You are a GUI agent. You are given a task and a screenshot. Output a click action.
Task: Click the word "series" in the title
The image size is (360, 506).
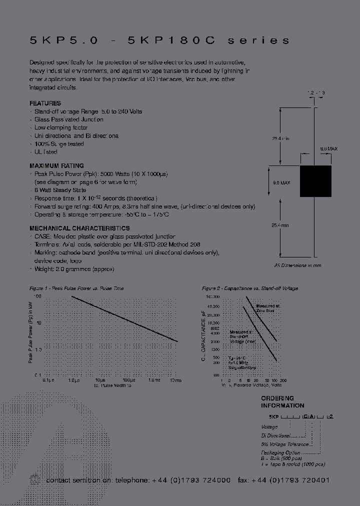point(258,40)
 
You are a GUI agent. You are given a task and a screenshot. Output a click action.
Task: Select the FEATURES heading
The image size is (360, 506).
point(45,103)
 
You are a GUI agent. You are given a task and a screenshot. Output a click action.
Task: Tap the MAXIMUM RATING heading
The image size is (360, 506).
point(57,166)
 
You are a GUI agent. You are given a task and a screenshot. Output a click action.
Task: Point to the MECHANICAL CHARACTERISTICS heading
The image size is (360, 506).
point(80,228)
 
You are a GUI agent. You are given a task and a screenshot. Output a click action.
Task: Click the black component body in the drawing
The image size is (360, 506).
point(315,180)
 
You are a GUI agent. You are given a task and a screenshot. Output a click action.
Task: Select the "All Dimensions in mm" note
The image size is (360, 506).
point(297,265)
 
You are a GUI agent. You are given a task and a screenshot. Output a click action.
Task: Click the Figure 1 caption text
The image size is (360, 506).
point(76,288)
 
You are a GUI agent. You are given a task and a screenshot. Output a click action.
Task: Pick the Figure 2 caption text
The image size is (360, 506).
point(249,288)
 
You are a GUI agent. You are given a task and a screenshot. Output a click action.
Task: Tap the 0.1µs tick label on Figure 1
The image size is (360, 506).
point(48,380)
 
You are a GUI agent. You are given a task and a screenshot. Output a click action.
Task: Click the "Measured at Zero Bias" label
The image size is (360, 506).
point(268,308)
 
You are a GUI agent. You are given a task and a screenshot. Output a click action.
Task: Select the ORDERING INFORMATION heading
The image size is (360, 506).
point(282,402)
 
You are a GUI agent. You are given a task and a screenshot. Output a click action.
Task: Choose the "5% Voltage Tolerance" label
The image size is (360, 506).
point(285,444)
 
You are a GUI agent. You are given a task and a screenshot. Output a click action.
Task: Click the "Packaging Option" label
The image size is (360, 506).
point(280,452)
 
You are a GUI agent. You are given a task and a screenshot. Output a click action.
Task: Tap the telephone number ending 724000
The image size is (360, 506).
point(192,480)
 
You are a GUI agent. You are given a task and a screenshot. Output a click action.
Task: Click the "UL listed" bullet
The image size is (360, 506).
point(46,152)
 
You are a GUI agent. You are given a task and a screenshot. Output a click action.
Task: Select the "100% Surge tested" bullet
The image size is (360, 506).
point(59,144)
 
